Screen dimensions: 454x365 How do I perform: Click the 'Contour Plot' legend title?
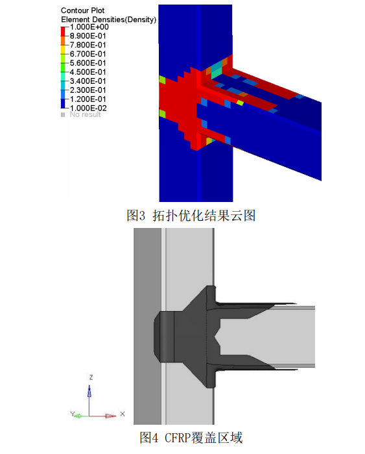(x=82, y=11)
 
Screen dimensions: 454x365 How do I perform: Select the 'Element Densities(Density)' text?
(x=108, y=20)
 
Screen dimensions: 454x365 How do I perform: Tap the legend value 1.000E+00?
(x=88, y=28)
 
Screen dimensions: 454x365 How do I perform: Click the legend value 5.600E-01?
(x=88, y=63)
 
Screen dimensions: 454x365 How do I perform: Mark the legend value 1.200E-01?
(x=88, y=99)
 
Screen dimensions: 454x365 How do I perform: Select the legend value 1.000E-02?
(x=88, y=107)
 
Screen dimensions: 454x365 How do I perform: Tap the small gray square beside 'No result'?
(x=63, y=115)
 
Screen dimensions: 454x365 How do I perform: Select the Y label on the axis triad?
(x=74, y=414)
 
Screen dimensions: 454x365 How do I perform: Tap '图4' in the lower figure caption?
(x=150, y=438)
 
